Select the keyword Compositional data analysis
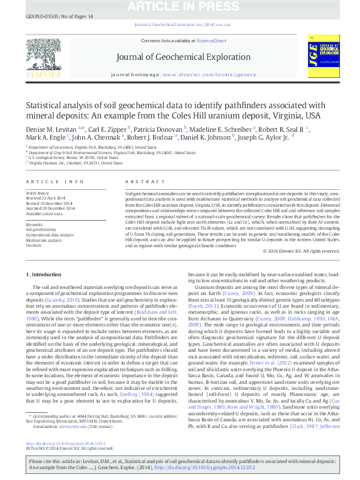49,235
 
